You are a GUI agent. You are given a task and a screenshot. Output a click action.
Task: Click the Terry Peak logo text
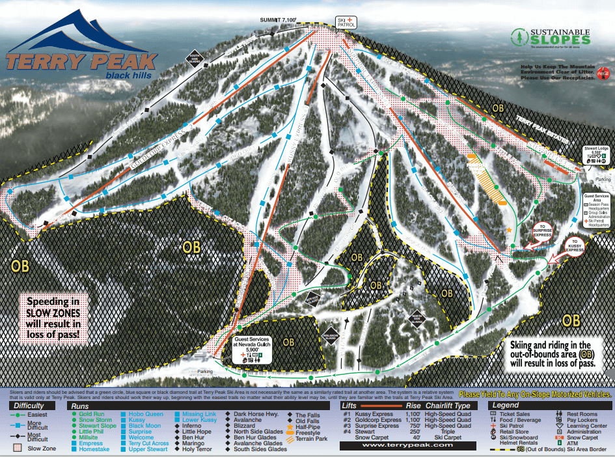(x=81, y=62)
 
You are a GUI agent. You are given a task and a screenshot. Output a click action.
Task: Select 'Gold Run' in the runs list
(x=92, y=414)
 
